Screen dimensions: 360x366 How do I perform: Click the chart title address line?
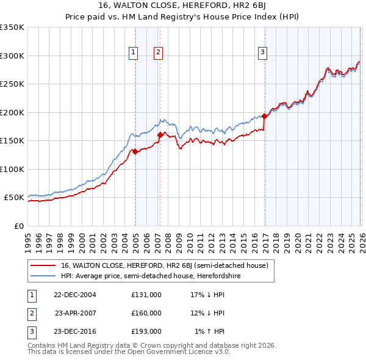(183, 7)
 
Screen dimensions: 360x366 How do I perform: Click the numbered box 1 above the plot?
(133, 53)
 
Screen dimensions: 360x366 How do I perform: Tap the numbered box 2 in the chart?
(157, 53)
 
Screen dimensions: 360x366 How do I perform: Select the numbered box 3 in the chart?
(263, 53)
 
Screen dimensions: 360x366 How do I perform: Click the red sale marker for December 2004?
(135, 152)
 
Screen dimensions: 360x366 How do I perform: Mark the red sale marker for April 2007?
(160, 135)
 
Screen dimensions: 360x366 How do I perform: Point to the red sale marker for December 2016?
(264, 116)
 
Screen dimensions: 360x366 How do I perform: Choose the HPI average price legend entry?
(151, 276)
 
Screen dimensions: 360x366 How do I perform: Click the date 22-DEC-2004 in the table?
(75, 295)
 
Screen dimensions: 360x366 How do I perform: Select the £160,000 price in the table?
(146, 313)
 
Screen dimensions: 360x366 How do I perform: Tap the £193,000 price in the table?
(146, 331)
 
